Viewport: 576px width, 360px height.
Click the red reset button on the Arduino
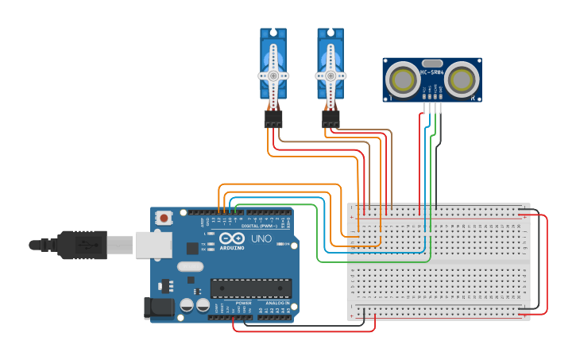point(164,217)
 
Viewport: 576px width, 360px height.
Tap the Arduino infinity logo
point(233,239)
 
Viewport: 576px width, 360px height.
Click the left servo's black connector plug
point(273,119)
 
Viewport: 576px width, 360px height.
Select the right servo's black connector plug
point(331,119)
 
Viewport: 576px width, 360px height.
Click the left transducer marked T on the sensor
point(404,79)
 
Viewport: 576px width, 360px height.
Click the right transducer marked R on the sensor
point(461,79)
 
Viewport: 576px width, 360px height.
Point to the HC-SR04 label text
point(432,72)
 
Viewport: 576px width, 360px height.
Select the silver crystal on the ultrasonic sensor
point(432,63)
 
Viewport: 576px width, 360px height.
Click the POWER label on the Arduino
point(244,303)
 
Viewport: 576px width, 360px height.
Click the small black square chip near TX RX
point(192,248)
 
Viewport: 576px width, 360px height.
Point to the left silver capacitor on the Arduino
point(187,304)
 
